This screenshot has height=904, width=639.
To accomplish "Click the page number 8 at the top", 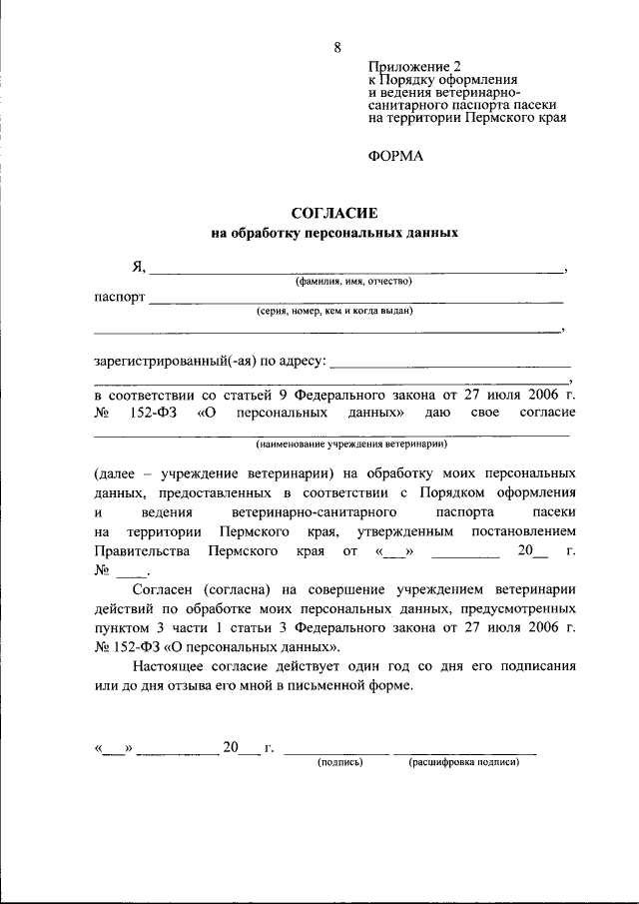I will pyautogui.click(x=337, y=47).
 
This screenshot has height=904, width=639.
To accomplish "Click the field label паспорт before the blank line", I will pyautogui.click(x=120, y=298).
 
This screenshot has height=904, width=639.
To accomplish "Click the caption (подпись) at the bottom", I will pyautogui.click(x=339, y=761).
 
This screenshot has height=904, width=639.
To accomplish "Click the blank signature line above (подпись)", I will pyautogui.click(x=339, y=750).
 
